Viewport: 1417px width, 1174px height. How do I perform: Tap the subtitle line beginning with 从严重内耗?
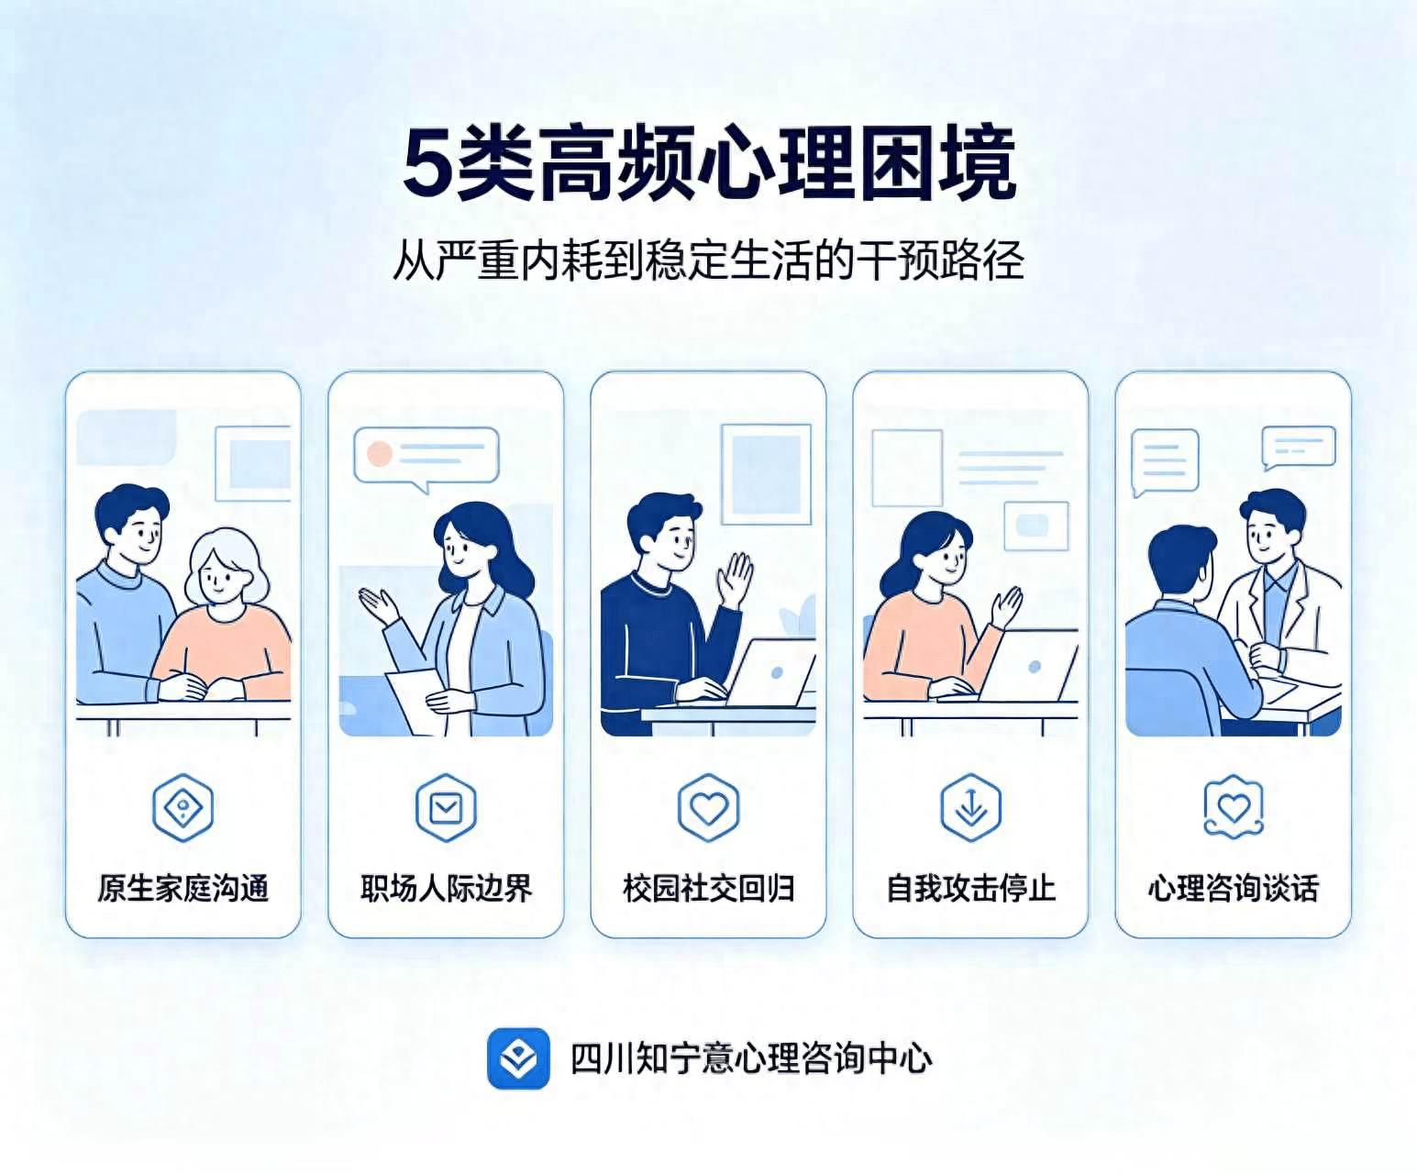pyautogui.click(x=708, y=260)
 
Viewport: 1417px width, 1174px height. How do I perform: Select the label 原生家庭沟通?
pyautogui.click(x=183, y=889)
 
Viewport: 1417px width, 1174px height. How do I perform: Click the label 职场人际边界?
pyautogui.click(x=446, y=889)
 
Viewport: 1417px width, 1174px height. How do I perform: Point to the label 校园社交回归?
pyautogui.click(x=708, y=889)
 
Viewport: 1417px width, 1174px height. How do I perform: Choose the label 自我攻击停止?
pyautogui.click(x=971, y=889)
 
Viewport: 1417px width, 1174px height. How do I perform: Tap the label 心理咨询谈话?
pyautogui.click(x=1233, y=889)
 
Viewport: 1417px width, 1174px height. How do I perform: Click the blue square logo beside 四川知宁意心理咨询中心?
pyautogui.click(x=518, y=1058)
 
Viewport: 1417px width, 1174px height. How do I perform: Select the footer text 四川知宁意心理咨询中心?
pyautogui.click(x=751, y=1058)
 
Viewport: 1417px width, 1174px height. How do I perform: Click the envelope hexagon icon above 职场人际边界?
pyautogui.click(x=446, y=807)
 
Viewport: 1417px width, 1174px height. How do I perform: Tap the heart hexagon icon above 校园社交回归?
pyautogui.click(x=708, y=807)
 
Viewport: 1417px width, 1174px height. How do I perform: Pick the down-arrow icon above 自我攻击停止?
pyautogui.click(x=971, y=807)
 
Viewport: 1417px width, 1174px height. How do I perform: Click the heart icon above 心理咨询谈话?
pyautogui.click(x=1233, y=807)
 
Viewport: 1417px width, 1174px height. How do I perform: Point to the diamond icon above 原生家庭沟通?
pyautogui.click(x=183, y=807)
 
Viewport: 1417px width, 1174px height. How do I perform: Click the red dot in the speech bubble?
pyautogui.click(x=380, y=453)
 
